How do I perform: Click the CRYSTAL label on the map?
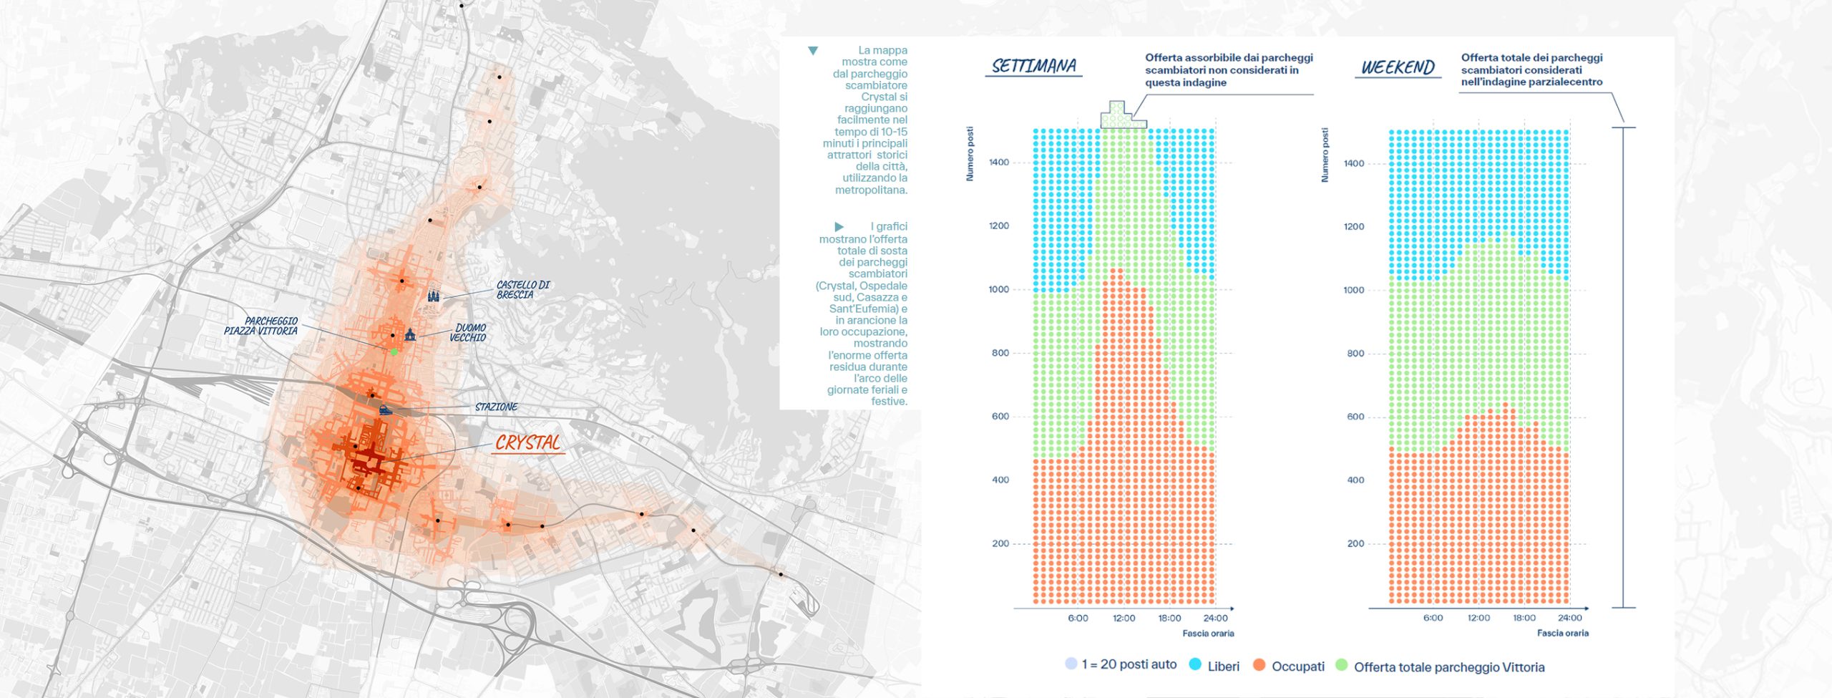[x=527, y=443]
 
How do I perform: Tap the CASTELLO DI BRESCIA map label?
[x=523, y=290]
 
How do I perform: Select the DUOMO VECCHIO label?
[x=469, y=333]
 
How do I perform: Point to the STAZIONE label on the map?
[x=496, y=407]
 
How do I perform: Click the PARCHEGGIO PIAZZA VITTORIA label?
[x=261, y=326]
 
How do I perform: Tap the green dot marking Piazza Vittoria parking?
[x=394, y=352]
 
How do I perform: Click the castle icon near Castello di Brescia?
[x=433, y=295]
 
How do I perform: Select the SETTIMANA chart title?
[x=1033, y=67]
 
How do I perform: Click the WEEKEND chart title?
[x=1398, y=68]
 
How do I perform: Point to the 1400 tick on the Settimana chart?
[x=999, y=163]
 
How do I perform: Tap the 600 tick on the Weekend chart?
[x=1355, y=417]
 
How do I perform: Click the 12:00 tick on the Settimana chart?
[x=1124, y=619]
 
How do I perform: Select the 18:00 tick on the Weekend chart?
[x=1524, y=618]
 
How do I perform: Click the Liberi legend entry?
[x=1223, y=667]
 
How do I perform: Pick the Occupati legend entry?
[x=1297, y=667]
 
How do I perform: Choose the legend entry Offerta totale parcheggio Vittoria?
[x=1449, y=667]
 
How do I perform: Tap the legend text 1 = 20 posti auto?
[x=1129, y=664]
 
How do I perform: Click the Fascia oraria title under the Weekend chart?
[x=1563, y=634]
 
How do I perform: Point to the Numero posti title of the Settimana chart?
[x=970, y=154]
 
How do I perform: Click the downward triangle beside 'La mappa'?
[x=813, y=51]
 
